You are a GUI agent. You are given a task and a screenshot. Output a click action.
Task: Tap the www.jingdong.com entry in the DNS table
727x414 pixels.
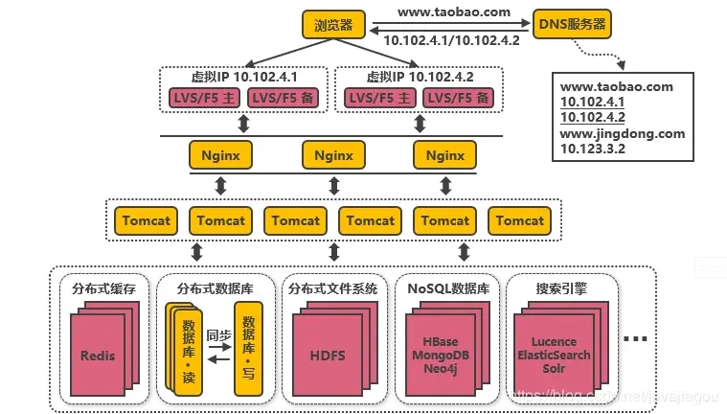pos(623,133)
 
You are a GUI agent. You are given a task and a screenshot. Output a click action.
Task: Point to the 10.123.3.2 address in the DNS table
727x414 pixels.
pos(593,149)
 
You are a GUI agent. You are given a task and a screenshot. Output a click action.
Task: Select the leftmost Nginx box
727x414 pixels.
pos(220,155)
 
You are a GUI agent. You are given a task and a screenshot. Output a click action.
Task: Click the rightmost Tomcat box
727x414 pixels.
pos(520,220)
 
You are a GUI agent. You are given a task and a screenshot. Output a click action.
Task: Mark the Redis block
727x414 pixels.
pos(97,356)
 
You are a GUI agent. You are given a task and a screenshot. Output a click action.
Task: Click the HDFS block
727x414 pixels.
pos(328,356)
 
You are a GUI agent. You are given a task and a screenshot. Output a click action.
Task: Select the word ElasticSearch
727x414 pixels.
pos(553,355)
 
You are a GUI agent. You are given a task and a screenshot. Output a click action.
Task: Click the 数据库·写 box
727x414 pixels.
pos(248,348)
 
